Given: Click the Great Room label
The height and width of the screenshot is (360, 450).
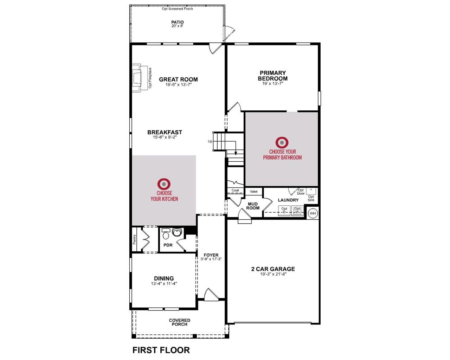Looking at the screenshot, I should pos(178,79).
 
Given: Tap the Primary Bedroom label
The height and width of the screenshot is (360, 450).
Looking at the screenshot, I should pos(272,76).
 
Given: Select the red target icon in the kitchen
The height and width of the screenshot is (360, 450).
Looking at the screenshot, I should pos(164,184).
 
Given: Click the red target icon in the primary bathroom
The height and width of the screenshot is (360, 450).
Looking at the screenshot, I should pos(282,142).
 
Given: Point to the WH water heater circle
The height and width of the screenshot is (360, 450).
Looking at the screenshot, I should pos(313,213).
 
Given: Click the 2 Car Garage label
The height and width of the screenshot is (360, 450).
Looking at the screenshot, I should pos(273,269).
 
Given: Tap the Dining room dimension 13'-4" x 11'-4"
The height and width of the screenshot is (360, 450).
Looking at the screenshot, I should pos(164,284).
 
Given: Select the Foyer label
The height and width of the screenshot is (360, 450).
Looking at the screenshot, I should pos(211,255).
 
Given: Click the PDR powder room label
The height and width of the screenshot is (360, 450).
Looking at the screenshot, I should pos(168,245).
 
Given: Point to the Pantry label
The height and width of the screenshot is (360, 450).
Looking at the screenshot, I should pos(134,240).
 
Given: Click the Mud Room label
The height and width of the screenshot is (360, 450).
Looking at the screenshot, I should pos(253,206).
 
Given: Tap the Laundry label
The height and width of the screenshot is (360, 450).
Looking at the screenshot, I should pos(288,200).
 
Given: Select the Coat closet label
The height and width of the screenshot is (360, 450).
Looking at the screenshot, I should pos(235,191).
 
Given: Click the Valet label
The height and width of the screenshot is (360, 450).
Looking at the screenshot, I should pos(253,192).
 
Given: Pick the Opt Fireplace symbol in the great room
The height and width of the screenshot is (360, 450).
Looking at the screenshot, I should pos(140,78).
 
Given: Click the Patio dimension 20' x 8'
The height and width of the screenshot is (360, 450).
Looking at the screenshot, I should pos(177,26).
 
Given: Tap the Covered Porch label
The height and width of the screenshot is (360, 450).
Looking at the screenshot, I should pos(179,322).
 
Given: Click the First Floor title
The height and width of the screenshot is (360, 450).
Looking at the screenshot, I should pos(161,350).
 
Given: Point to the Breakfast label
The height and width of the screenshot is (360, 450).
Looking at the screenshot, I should pos(165,132).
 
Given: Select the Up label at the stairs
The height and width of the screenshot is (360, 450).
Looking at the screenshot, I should pos(210,141).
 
